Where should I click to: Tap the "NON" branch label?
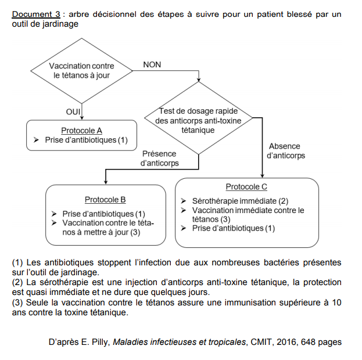coord(152,64)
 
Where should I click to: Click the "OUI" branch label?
coord(73,111)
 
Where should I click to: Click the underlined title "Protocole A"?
coord(81,130)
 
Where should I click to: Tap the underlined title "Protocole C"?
coord(246,187)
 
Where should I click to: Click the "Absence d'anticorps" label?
coord(285,151)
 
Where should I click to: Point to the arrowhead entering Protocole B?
coord(105,181)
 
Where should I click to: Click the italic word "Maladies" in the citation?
coord(132,342)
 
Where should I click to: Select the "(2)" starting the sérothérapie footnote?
coord(17,282)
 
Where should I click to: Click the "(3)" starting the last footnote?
coord(17,302)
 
